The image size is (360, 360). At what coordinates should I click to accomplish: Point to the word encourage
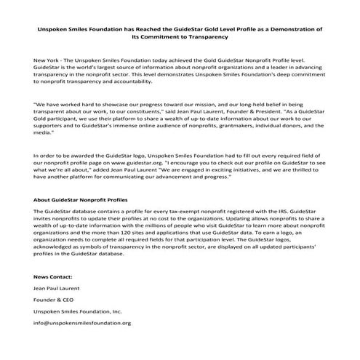pos(192,165)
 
